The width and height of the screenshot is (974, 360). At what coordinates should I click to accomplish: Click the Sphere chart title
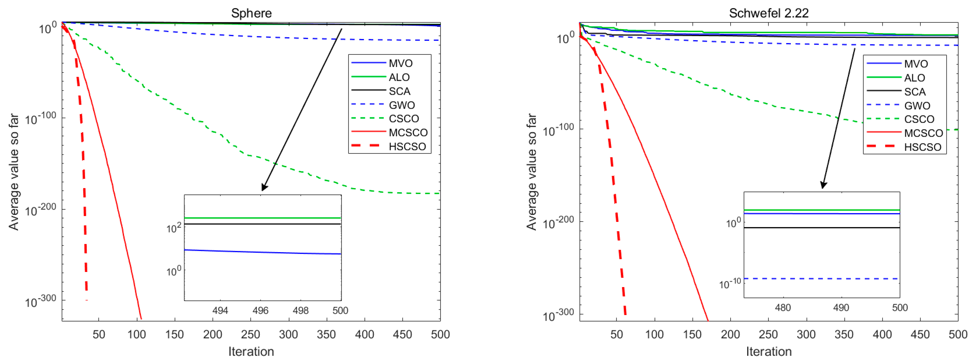pyautogui.click(x=251, y=13)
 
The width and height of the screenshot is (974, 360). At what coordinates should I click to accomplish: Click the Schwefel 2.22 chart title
pyautogui.click(x=768, y=13)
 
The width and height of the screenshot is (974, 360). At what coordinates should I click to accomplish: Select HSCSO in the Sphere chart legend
pyautogui.click(x=407, y=147)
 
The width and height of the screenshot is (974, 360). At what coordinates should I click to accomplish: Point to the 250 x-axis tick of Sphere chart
pyautogui.click(x=250, y=334)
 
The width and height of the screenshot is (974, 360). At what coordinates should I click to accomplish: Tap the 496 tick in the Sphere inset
pyautogui.click(x=260, y=310)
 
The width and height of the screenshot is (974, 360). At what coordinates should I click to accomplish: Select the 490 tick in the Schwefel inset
pyautogui.click(x=841, y=308)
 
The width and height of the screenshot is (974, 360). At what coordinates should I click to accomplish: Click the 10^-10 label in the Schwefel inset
pyautogui.click(x=730, y=283)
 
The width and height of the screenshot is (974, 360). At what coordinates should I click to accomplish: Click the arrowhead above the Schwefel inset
pyautogui.click(x=823, y=185)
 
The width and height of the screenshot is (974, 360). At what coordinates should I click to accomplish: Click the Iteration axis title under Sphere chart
pyautogui.click(x=251, y=351)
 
